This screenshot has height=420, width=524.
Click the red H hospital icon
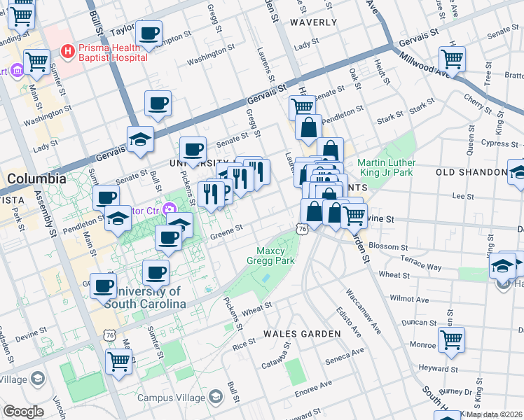(68, 50)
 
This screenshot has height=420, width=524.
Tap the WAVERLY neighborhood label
(313, 22)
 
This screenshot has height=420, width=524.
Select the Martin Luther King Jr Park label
(386, 167)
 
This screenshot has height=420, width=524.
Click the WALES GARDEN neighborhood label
(301, 334)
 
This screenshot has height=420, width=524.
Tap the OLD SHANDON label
(471, 172)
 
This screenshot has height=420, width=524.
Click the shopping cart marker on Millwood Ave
(452, 59)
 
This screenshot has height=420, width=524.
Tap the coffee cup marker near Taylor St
(149, 33)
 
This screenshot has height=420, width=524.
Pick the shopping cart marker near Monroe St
(451, 340)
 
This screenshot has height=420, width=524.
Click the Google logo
(23, 412)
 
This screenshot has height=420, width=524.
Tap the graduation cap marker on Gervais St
(140, 139)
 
